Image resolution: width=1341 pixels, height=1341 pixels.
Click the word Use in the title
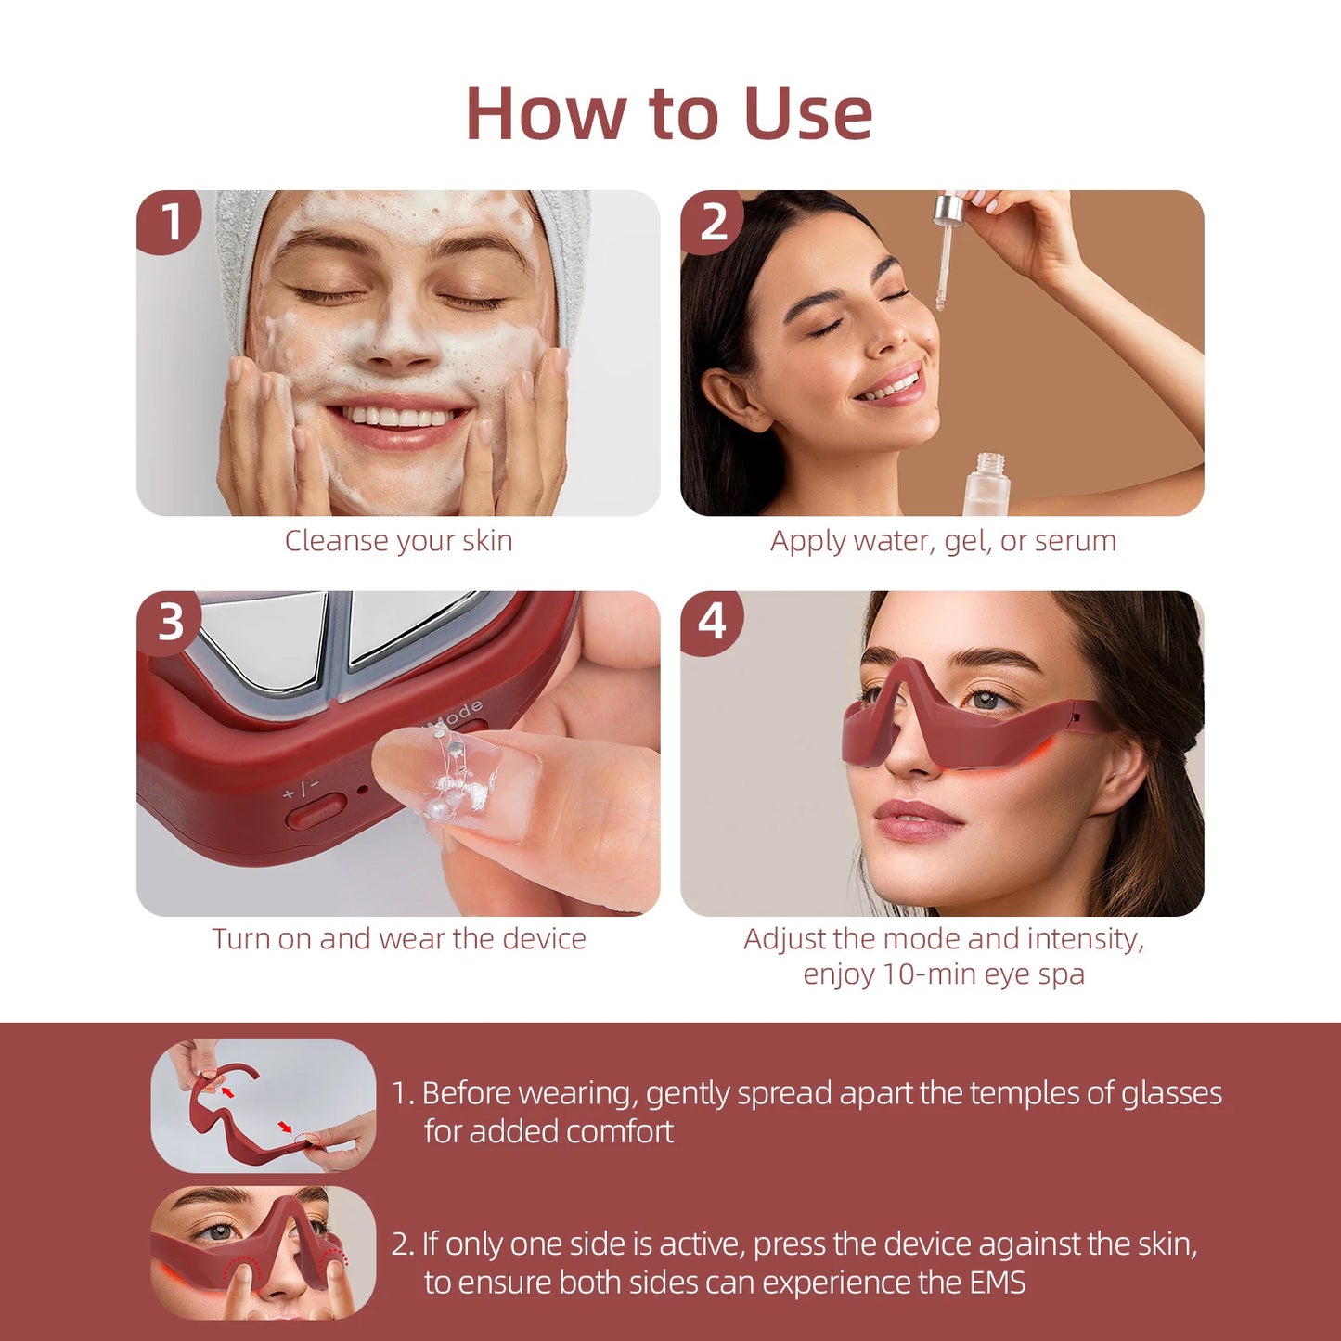coord(807,114)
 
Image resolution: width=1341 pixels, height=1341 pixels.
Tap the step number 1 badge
coord(170,222)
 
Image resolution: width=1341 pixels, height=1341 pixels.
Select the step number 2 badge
coord(713,222)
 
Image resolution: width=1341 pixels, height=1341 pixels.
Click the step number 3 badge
coord(170,622)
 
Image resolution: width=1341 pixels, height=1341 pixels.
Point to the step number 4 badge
coord(712,622)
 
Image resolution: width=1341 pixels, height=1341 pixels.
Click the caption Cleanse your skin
coord(398,540)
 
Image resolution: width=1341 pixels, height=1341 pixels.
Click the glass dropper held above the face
coord(945,251)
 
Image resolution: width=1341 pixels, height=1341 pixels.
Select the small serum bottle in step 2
coord(987,483)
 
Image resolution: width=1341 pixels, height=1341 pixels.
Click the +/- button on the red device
coord(316,813)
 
